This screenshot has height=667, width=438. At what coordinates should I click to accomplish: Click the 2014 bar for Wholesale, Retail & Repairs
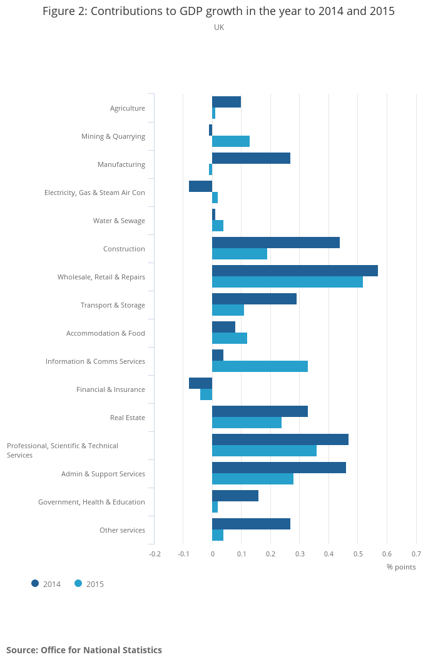tap(295, 271)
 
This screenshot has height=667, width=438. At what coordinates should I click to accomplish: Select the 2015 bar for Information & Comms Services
tap(260, 366)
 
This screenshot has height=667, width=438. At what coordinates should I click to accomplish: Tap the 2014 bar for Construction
tap(276, 243)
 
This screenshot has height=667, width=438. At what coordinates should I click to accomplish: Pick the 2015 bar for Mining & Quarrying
tap(231, 141)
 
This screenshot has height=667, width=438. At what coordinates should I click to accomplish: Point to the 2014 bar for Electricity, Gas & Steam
tap(201, 186)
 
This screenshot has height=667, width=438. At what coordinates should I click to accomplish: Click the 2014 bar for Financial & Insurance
tap(201, 383)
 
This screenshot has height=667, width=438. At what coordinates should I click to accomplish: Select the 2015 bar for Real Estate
tap(247, 423)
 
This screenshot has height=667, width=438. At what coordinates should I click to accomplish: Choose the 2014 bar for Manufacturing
tap(251, 158)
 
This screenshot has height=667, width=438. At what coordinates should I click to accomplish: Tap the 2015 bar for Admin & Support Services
tap(253, 479)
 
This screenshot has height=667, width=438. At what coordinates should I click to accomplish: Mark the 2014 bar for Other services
tap(251, 524)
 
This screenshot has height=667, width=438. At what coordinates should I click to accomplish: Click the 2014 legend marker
tap(35, 584)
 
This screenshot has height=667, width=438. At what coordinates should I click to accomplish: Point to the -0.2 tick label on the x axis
tap(155, 554)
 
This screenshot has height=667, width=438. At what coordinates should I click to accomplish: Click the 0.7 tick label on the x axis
tap(416, 554)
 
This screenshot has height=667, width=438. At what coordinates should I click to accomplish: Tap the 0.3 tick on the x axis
tap(300, 554)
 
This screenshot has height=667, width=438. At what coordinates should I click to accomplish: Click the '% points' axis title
tap(401, 567)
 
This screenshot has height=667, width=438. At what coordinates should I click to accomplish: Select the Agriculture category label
tap(128, 108)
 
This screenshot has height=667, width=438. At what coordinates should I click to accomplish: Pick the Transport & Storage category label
tap(113, 305)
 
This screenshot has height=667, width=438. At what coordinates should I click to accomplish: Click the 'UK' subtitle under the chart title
tap(219, 28)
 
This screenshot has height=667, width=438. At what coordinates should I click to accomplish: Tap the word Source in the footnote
tap(21, 650)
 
